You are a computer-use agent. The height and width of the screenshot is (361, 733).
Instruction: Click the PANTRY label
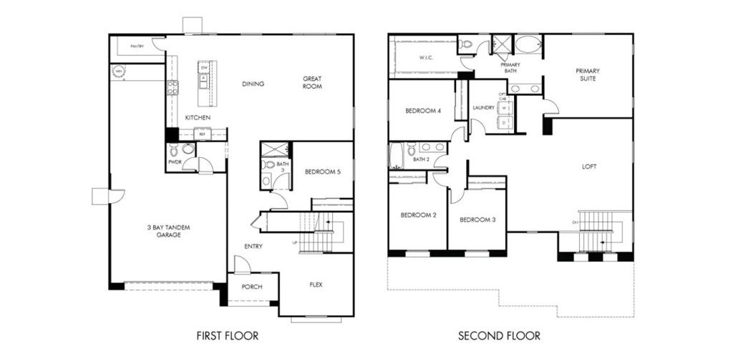137,46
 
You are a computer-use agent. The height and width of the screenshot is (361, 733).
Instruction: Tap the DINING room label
253,84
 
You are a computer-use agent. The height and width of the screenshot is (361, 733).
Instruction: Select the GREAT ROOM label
312,83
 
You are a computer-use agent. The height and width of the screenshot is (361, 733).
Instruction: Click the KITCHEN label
198,117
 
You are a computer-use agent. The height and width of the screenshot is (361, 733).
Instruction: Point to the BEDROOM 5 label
323,172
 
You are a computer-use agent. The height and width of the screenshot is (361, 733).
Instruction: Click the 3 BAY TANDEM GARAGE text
169,230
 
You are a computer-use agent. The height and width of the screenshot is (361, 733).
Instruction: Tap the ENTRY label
253,247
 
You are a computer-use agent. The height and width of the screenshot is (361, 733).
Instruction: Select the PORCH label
251,287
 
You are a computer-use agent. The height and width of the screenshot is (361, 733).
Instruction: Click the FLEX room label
316,285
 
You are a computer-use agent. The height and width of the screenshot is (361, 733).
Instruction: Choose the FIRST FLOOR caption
227,335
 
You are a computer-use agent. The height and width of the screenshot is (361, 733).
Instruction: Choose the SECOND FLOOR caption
500,335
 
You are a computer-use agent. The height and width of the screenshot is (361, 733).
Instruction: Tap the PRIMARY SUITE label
588,74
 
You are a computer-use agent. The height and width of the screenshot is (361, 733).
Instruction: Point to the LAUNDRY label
484,108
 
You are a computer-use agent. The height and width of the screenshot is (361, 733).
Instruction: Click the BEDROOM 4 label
423,111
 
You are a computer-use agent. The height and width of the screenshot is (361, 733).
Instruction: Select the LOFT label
590,167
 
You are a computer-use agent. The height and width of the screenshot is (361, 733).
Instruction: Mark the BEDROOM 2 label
417,215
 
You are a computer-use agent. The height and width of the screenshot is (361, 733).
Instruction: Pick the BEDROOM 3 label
477,219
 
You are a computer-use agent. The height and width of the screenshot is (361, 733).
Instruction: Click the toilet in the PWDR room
188,149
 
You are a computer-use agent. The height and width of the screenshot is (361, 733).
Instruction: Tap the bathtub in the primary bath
529,45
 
